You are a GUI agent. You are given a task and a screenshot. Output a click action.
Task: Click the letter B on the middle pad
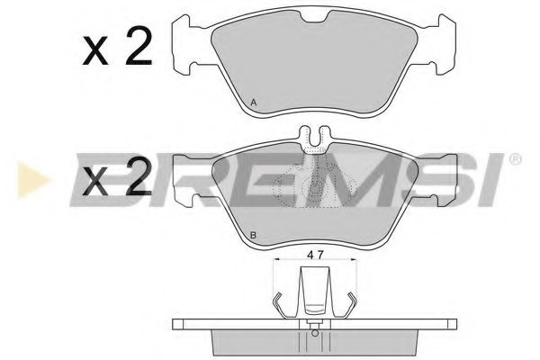[254, 237]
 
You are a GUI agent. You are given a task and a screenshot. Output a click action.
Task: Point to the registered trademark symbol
[515, 161]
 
